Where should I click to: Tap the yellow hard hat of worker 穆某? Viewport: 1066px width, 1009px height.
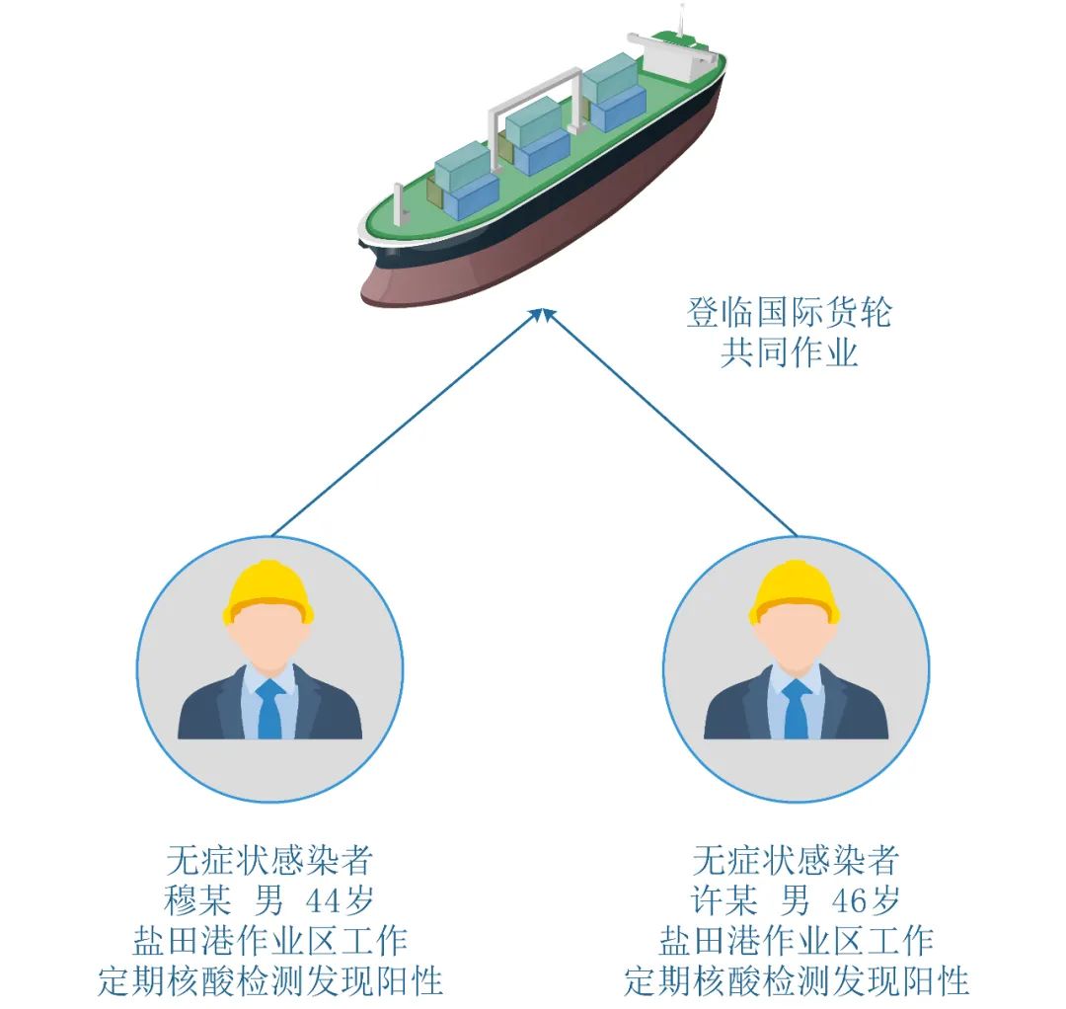point(268,591)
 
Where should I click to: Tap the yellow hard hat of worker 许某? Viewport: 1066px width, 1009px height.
point(795,591)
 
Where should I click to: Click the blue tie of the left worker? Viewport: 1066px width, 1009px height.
point(269,708)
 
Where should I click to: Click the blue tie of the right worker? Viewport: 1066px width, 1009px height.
point(796,708)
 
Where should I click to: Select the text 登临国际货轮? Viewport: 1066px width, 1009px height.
point(789,313)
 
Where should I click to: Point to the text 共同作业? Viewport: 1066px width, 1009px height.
point(789,352)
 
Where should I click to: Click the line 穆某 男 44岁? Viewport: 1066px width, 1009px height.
point(269,900)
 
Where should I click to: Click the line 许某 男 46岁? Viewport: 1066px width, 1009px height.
point(796,900)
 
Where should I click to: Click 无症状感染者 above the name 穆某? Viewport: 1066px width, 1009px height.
point(269,860)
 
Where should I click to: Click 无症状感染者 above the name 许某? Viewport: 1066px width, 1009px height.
point(796,860)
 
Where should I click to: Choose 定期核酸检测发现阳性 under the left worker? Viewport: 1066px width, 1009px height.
point(269,980)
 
